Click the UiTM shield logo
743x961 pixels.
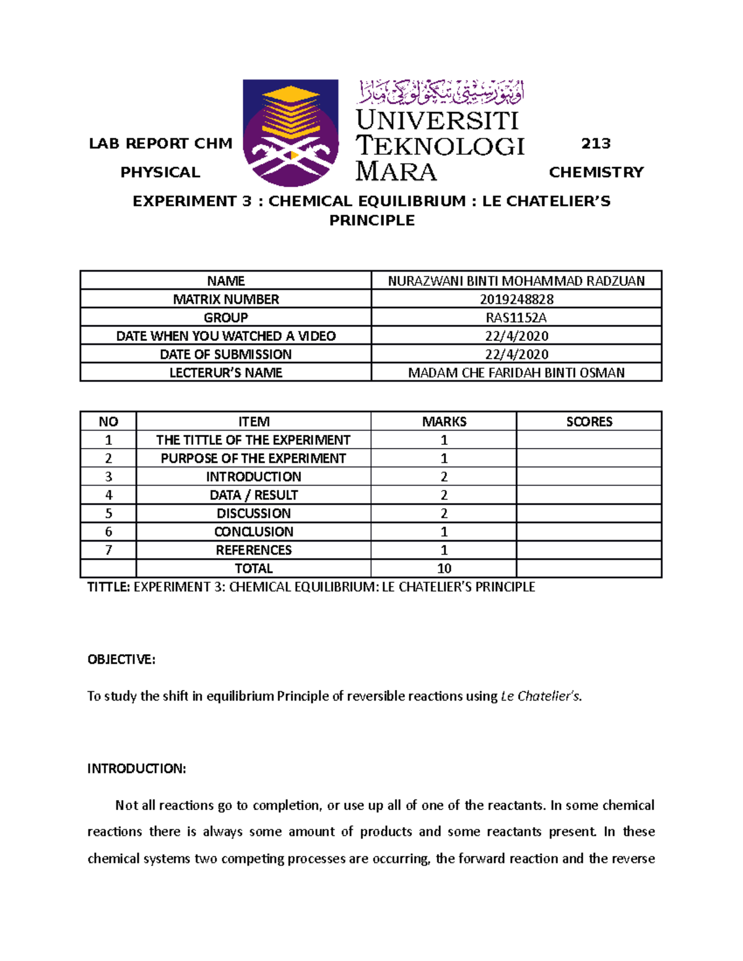(290, 132)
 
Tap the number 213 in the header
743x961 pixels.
(596, 144)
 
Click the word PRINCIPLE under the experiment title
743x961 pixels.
(371, 220)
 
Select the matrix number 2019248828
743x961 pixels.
(516, 300)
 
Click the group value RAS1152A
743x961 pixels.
(516, 317)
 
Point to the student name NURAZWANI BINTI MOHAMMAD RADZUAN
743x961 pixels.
(516, 281)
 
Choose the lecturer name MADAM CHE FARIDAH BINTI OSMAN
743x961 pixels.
(516, 373)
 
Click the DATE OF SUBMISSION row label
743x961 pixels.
(225, 354)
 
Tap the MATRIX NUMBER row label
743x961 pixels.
(225, 300)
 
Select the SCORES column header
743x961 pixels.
(589, 421)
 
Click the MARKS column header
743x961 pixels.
(444, 421)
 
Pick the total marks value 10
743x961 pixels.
(444, 568)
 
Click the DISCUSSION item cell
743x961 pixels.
(253, 513)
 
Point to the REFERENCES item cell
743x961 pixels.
(253, 550)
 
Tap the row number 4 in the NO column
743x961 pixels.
(108, 495)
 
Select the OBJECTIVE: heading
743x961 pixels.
(121, 660)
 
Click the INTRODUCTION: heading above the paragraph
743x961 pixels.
(136, 769)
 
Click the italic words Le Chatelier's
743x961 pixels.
(540, 696)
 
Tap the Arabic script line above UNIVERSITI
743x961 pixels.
(440, 93)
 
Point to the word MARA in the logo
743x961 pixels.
(396, 171)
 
